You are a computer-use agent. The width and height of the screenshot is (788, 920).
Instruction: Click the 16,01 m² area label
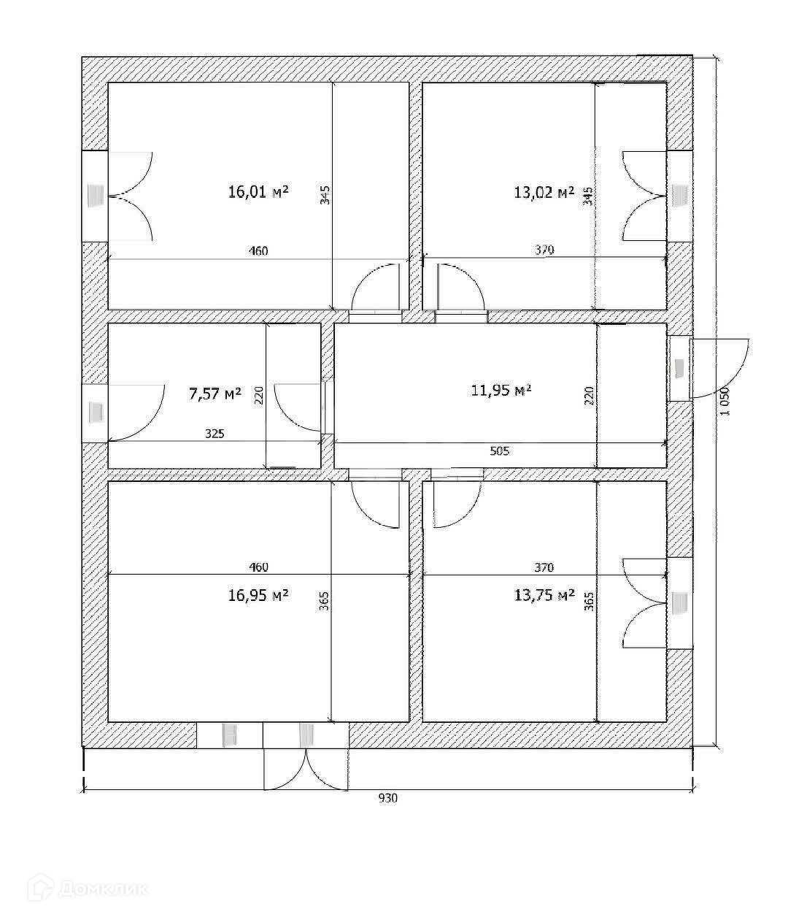258,192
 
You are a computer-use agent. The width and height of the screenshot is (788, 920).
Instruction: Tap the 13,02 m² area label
544,193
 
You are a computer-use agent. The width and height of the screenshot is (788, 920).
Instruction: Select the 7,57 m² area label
215,394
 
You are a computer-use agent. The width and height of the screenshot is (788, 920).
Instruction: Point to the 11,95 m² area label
501,391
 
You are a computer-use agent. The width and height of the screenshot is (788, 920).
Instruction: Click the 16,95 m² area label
258,595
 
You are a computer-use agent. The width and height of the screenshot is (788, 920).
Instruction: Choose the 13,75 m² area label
544,596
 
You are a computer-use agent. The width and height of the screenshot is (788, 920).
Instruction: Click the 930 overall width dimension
387,798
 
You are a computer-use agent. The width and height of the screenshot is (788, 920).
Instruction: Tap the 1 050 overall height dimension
725,401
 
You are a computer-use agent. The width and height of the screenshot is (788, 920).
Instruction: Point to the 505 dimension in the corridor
500,451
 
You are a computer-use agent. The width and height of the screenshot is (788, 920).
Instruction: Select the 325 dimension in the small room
215,433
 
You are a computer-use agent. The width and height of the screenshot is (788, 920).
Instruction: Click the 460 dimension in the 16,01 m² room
258,251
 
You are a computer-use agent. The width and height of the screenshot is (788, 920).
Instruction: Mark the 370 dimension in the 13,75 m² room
544,567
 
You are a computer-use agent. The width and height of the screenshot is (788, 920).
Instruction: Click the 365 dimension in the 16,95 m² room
324,600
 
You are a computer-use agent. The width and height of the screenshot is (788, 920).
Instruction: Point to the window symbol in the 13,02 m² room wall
680,195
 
